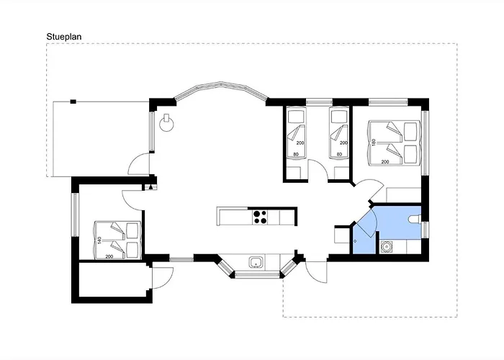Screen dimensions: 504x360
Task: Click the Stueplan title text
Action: click(x=64, y=37)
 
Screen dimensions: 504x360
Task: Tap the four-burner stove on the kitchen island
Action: click(x=260, y=217)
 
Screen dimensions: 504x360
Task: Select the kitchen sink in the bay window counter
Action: click(x=256, y=262)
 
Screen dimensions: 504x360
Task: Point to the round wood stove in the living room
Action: click(x=167, y=123)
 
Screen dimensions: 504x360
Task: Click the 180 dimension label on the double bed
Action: click(x=374, y=143)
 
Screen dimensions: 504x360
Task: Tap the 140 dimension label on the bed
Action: click(x=99, y=240)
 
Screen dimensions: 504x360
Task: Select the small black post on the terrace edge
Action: click(x=73, y=102)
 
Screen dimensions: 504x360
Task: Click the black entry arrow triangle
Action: click(x=150, y=186)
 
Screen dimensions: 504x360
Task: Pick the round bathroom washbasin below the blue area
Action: click(x=385, y=247)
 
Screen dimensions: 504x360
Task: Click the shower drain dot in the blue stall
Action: click(x=355, y=240)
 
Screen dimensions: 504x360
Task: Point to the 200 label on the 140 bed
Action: click(x=109, y=256)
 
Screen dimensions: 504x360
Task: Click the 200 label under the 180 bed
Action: click(x=385, y=162)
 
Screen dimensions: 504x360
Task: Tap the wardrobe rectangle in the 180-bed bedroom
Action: click(x=404, y=195)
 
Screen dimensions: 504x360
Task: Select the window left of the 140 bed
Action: click(x=75, y=215)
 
